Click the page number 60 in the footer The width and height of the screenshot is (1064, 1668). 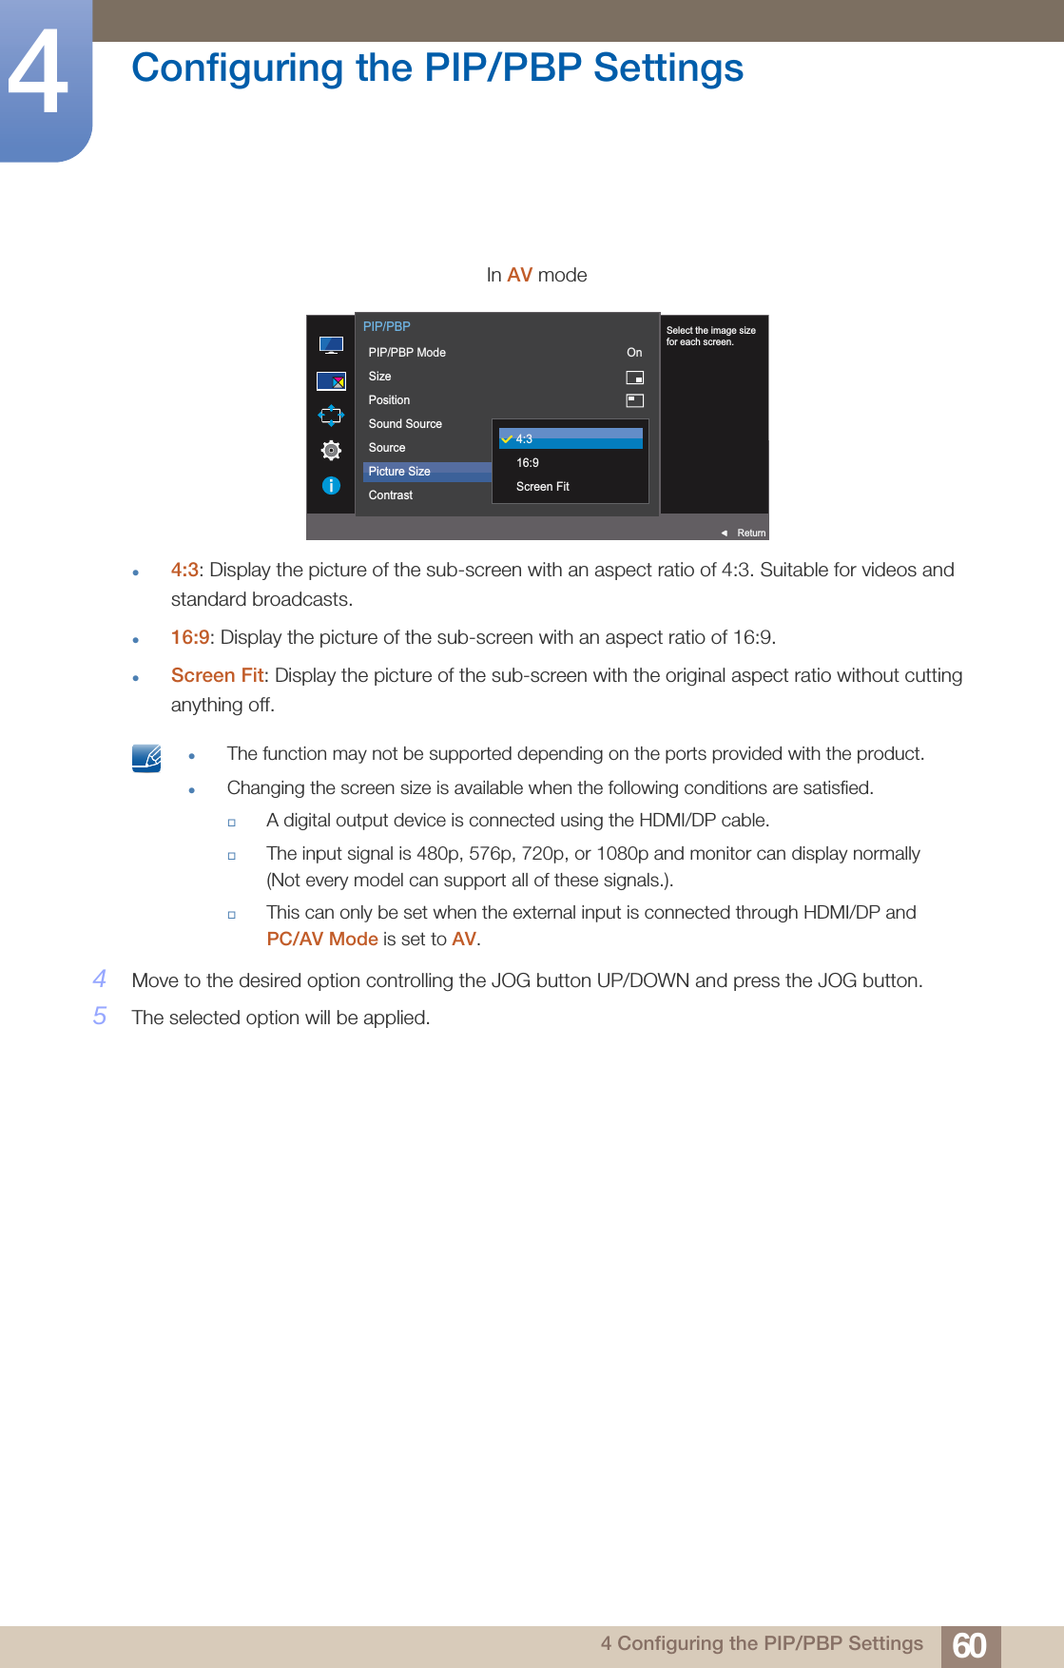969,1645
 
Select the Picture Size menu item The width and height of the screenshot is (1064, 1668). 399,472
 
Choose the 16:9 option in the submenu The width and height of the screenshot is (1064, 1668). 528,463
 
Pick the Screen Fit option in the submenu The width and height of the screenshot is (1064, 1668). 542,487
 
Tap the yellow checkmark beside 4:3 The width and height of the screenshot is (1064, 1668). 507,439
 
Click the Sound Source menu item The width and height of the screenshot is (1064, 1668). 405,424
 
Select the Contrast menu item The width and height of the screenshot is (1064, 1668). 391,495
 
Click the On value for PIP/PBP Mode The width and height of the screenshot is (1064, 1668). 634,353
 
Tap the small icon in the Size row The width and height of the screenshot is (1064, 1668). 634,378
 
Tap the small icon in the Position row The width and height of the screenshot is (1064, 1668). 634,401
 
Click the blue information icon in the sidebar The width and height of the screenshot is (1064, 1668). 331,486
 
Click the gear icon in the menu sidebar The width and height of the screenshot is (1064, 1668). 331,450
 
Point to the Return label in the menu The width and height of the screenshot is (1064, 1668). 750,533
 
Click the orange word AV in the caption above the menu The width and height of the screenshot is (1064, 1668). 519,275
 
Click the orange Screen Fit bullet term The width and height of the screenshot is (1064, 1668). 217,675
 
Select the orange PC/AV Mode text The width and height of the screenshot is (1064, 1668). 322,939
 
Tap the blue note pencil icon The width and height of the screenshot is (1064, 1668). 146,758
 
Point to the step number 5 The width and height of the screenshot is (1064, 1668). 100,1017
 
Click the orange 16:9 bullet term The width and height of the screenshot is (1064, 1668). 189,637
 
